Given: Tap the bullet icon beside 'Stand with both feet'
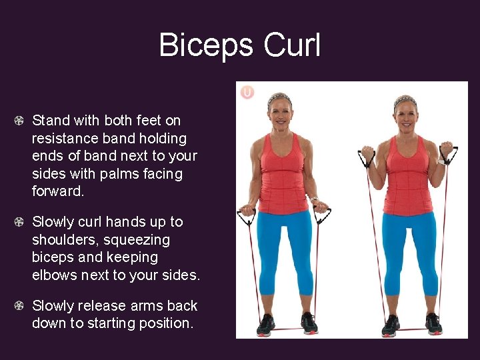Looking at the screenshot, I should click(x=21, y=121).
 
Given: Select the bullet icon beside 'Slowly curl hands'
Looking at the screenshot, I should click(x=21, y=222).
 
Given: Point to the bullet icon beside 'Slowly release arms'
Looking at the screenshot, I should click(x=21, y=306).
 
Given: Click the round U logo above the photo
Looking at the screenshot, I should click(x=247, y=92).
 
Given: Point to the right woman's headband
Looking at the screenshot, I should click(x=405, y=101).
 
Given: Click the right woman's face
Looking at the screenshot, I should click(x=405, y=116).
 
